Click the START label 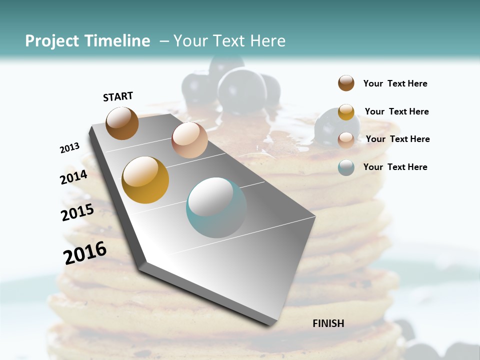tap(118, 96)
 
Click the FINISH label tap(328, 323)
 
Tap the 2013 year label tap(69, 147)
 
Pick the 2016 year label tap(85, 252)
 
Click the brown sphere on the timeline tap(122, 123)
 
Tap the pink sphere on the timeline tap(189, 139)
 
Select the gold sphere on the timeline tap(145, 180)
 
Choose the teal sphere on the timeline tap(216, 207)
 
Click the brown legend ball tap(346, 83)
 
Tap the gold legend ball tap(346, 112)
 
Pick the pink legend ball tap(346, 139)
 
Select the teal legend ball tap(346, 167)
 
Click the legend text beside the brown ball tap(395, 83)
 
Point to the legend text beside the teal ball tap(395, 167)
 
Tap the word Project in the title tap(52, 41)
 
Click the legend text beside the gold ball tap(396, 111)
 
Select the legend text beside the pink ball tap(397, 139)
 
